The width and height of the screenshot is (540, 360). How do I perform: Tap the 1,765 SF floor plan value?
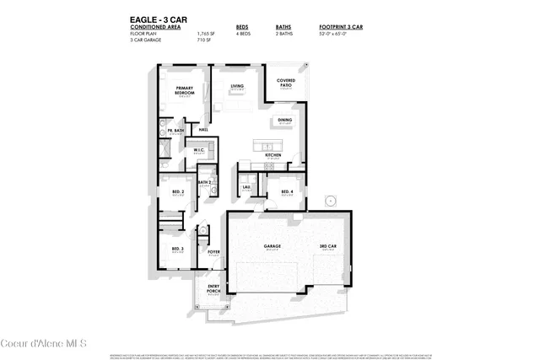coord(202,34)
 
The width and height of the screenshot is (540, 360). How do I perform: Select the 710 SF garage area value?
coord(202,40)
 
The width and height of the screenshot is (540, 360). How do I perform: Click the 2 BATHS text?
coord(284,34)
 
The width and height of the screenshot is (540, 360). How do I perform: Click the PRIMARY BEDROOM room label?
coord(185,91)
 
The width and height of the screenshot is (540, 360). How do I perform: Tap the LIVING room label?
coord(237,86)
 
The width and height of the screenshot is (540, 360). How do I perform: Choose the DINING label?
coord(284,120)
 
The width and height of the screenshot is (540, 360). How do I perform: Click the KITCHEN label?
coord(273,155)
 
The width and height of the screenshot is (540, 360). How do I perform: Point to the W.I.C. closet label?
coord(199,150)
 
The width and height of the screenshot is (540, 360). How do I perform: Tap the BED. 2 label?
coord(177,192)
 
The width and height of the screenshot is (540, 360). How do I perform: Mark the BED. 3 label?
coord(177,248)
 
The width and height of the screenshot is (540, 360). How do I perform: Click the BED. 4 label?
coord(287,192)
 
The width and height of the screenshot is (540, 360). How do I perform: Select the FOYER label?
coord(213,250)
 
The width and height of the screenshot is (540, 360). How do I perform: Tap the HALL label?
coord(203,129)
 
